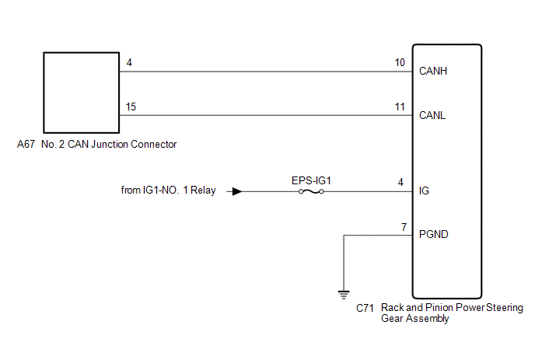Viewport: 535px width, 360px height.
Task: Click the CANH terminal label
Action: [432, 71]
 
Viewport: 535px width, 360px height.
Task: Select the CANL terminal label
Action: [432, 115]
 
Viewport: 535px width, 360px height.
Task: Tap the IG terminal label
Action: [424, 190]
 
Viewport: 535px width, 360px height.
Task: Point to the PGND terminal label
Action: [433, 234]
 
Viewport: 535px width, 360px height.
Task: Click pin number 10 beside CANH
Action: [400, 62]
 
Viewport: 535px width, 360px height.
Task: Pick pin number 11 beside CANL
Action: [400, 107]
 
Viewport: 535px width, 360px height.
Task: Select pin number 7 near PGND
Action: [404, 227]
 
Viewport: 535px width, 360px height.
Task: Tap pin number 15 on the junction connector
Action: [131, 107]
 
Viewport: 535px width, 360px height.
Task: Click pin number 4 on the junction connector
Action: [129, 62]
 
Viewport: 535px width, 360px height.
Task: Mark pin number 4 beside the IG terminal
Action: [400, 182]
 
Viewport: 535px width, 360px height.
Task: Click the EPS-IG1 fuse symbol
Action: [311, 192]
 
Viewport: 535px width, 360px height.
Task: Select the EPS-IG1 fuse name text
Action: [311, 180]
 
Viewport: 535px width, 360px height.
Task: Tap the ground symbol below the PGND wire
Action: [344, 295]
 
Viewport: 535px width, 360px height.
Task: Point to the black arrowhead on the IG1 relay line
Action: [237, 191]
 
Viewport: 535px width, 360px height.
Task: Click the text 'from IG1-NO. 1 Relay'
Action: [168, 190]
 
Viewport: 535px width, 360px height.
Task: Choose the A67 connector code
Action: [26, 145]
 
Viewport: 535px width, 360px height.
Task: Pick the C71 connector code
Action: [365, 308]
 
